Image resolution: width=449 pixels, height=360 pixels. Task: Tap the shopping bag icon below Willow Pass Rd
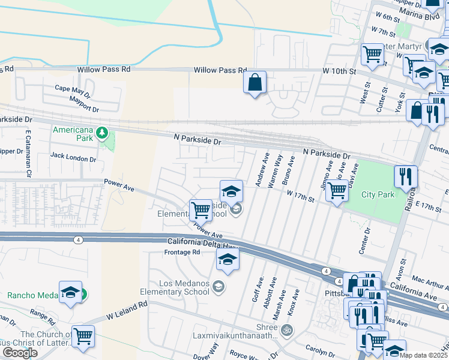(255, 82)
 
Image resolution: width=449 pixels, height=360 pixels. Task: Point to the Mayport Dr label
(83, 108)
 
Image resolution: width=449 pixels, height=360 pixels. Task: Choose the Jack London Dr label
(73, 159)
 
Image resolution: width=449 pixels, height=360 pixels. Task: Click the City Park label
(378, 194)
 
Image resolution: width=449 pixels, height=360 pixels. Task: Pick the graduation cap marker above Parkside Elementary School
(231, 192)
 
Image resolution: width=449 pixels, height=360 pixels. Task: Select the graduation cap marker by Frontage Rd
(228, 259)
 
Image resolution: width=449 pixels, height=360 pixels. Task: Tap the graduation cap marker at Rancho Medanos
(71, 292)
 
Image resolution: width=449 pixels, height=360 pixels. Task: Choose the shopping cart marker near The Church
(83, 337)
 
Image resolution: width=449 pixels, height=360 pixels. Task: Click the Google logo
(20, 353)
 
